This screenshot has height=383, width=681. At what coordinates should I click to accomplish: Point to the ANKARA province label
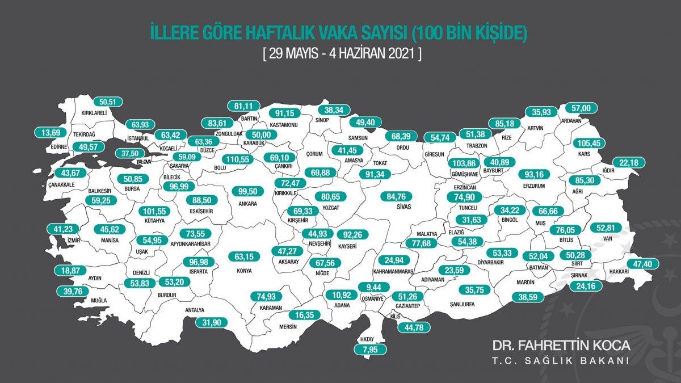(248, 203)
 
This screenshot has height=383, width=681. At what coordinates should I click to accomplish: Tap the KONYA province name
(244, 270)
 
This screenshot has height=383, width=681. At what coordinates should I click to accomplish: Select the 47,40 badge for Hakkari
(643, 264)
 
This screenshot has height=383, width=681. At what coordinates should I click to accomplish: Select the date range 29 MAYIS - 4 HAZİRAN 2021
(342, 54)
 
